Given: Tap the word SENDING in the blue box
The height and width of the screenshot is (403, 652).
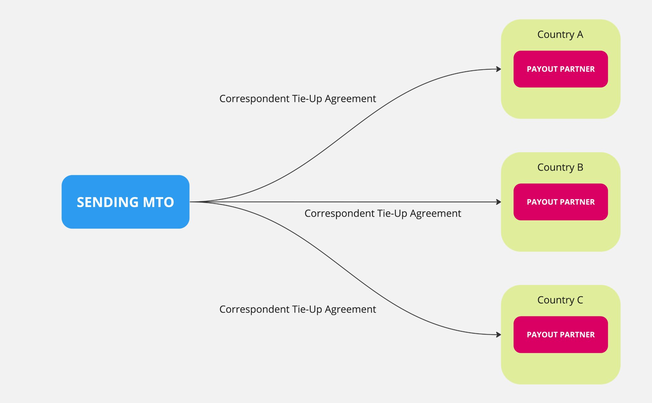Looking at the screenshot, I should pos(107,202).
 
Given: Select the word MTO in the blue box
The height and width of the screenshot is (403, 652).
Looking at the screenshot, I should pos(158,202).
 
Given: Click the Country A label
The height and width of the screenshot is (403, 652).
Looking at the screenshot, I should pos(560,34).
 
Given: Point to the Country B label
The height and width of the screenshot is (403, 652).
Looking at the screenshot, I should pos(560,167).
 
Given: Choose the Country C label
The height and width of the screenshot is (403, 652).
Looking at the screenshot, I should pos(560,300).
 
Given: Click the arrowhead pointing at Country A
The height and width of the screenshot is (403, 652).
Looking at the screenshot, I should pos(499,69).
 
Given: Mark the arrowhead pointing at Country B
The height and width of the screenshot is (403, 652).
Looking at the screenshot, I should pos(499,202).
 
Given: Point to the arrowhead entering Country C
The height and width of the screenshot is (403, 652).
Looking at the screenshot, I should pos(499,334).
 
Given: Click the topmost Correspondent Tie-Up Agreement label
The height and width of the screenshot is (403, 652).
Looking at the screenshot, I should pos(297,99).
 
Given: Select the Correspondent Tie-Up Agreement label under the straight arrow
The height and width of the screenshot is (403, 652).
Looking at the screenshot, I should pos(383,213).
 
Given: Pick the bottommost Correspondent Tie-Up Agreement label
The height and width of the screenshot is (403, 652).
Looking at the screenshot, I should pos(297,309).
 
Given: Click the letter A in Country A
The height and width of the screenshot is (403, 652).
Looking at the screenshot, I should pos(580,34).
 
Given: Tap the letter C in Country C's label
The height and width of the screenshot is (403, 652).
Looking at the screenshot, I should pos(580,300).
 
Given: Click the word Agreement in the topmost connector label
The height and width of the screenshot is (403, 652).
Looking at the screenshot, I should pos(350,99).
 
